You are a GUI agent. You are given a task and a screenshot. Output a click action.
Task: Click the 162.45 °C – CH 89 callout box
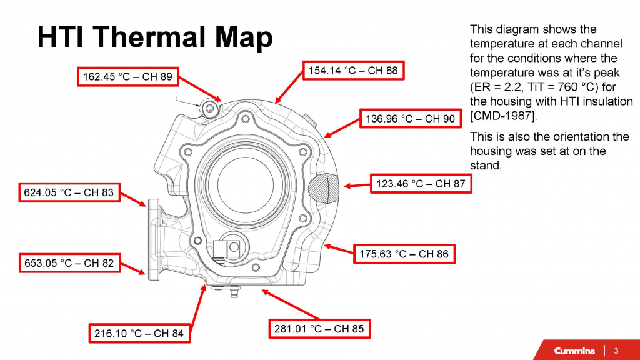coord(128,77)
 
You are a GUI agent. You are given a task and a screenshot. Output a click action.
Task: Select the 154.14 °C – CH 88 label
coord(353,71)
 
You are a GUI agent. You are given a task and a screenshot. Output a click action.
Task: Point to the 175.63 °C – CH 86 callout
coord(404,254)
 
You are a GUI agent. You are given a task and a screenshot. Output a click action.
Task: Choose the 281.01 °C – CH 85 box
coord(319,329)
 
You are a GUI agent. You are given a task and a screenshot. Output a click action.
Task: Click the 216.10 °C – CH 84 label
coord(139,334)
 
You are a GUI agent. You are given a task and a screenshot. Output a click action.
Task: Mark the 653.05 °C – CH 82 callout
coord(69,263)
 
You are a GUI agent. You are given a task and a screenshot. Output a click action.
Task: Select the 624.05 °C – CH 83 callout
coord(69,192)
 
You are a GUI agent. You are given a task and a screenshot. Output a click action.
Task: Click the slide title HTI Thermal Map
coord(155,37)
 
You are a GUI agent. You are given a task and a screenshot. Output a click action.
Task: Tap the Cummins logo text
coord(574,351)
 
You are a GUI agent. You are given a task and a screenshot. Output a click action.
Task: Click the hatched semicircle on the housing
coord(325,186)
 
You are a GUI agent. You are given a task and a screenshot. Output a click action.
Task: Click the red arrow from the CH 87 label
coord(357,185)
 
